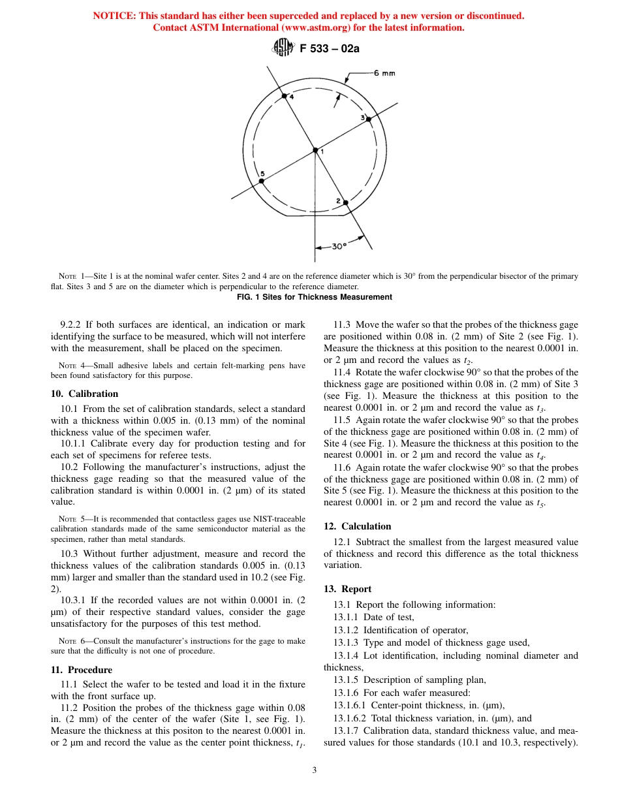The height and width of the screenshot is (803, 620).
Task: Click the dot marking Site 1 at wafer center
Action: tap(315, 150)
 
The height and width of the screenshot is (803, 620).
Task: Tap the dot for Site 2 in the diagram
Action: tap(346, 202)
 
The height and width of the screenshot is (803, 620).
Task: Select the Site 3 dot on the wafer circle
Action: tap(368, 119)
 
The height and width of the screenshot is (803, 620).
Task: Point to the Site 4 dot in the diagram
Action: tap(284, 96)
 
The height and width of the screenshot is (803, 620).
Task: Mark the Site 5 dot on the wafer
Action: tap(261, 181)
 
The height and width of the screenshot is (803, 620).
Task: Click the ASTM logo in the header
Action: tap(283, 48)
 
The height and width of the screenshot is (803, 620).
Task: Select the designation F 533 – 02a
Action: tap(330, 48)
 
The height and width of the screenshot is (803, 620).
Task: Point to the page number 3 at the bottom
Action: tap(314, 770)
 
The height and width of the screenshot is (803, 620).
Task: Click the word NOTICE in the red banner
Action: tap(115, 16)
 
